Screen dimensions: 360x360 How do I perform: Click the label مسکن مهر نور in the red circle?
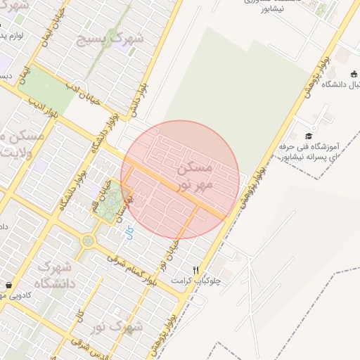pyautogui.click(x=190, y=177)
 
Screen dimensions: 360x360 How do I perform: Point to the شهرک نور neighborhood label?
pyautogui.click(x=121, y=327)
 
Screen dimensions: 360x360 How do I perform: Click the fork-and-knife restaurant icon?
pyautogui.click(x=196, y=269)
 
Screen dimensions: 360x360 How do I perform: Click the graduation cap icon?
pyautogui.click(x=309, y=136)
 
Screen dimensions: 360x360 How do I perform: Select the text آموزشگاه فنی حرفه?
pyautogui.click(x=309, y=147)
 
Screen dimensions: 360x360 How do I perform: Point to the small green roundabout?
pyautogui.click(x=88, y=240)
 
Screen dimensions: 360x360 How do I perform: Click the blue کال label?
pyautogui.click(x=127, y=231)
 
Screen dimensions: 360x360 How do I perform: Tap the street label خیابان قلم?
pyautogui.click(x=99, y=198)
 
